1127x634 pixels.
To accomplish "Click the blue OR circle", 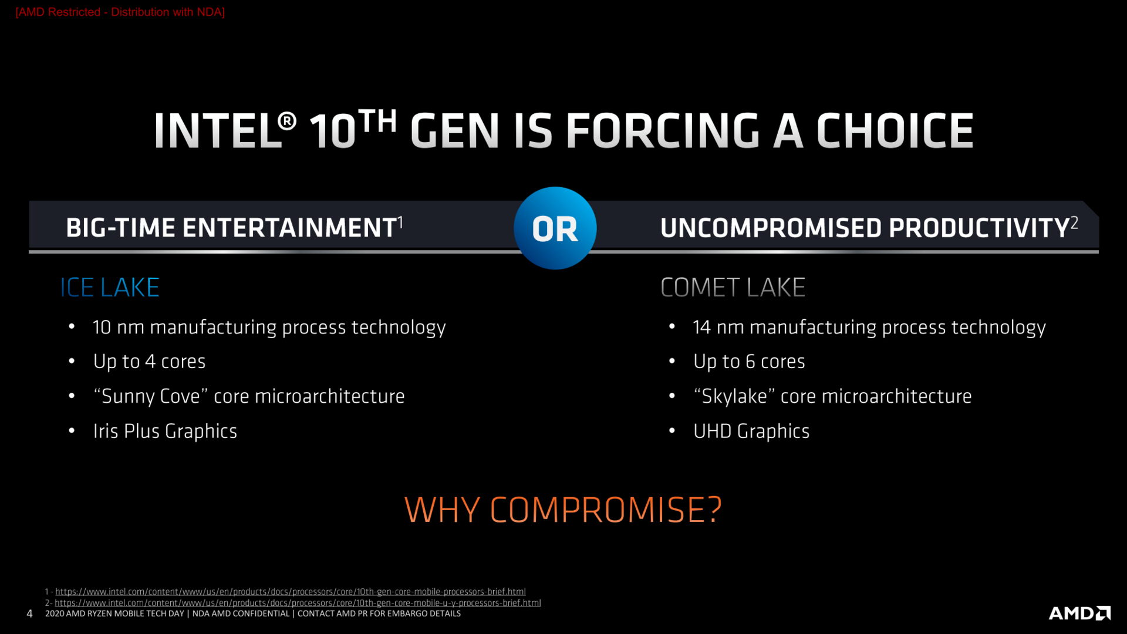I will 555,228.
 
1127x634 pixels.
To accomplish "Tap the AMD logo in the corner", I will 1079,613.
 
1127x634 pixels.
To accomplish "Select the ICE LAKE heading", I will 110,288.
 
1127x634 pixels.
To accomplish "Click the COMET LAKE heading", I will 733,288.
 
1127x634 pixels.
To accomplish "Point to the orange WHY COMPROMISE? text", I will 563,510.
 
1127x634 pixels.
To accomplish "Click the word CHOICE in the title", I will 895,130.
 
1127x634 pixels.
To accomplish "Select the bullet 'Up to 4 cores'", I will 149,362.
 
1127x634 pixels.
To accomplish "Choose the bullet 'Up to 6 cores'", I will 749,362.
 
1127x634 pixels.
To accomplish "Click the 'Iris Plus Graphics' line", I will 165,431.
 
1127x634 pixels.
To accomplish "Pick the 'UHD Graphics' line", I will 751,431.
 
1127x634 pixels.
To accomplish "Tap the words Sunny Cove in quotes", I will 151,397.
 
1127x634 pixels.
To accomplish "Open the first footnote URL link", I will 290,592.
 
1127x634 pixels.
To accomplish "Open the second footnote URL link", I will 298,603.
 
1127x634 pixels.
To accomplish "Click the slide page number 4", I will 29,614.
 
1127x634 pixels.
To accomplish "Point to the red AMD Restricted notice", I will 120,12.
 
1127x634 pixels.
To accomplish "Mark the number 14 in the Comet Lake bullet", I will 701,328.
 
